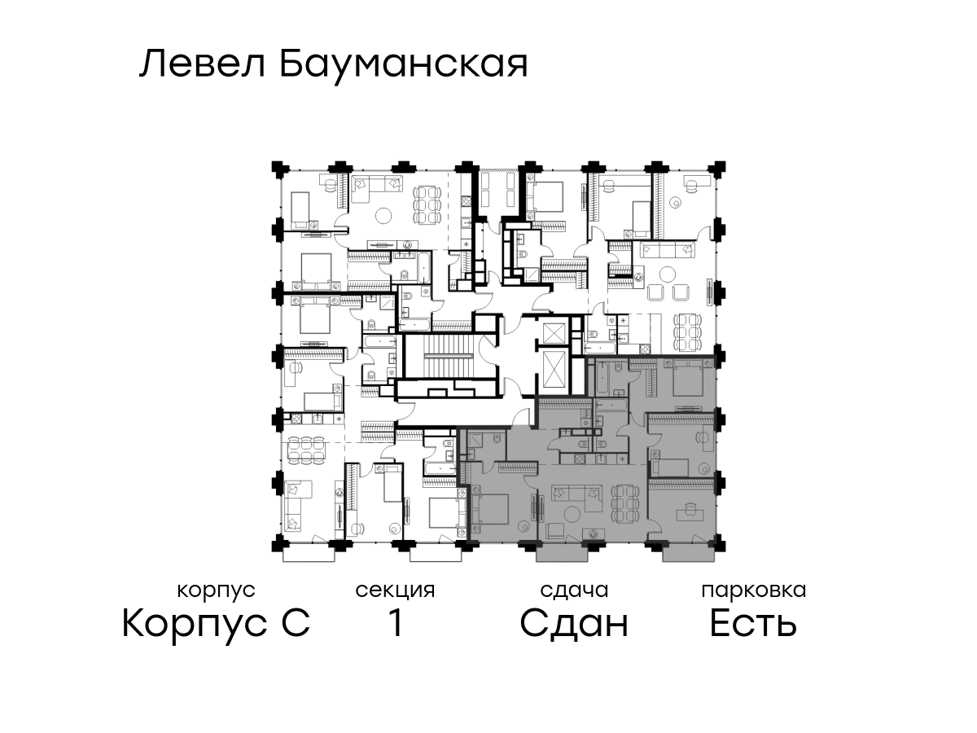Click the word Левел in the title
(x=203, y=64)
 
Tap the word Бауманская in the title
(x=404, y=66)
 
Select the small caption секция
(x=395, y=590)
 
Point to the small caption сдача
(x=574, y=590)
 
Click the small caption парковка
(x=754, y=590)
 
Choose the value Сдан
(x=574, y=624)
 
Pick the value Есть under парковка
(x=753, y=624)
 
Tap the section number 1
(x=396, y=623)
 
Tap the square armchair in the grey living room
(x=555, y=531)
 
